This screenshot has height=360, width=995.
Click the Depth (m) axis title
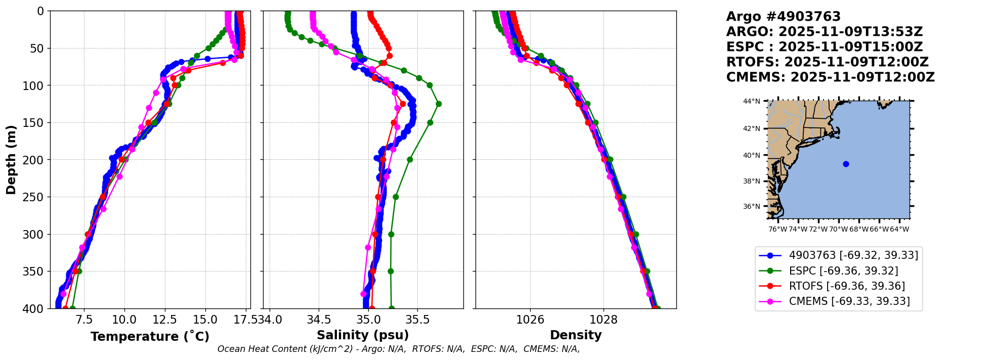click(11, 160)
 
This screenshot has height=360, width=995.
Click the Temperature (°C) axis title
click(150, 337)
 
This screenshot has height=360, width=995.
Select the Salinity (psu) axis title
click(363, 335)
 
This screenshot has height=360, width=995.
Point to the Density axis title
click(576, 335)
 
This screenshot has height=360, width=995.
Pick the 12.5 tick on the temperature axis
click(165, 320)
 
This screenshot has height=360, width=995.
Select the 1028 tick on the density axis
click(603, 320)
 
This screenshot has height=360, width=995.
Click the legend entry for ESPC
click(843, 271)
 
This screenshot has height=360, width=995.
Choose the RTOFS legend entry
click(847, 286)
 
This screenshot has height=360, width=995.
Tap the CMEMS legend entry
click(849, 301)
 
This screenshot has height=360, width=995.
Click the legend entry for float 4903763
click(853, 255)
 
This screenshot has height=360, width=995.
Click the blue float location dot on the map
click(846, 164)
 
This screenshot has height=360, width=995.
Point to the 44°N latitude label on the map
click(751, 102)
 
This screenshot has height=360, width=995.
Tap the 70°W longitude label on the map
click(838, 230)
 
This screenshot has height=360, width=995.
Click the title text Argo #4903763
click(783, 17)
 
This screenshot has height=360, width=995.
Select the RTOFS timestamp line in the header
click(827, 62)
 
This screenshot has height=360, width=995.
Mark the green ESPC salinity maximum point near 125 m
click(439, 104)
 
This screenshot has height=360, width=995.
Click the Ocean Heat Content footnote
click(399, 349)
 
